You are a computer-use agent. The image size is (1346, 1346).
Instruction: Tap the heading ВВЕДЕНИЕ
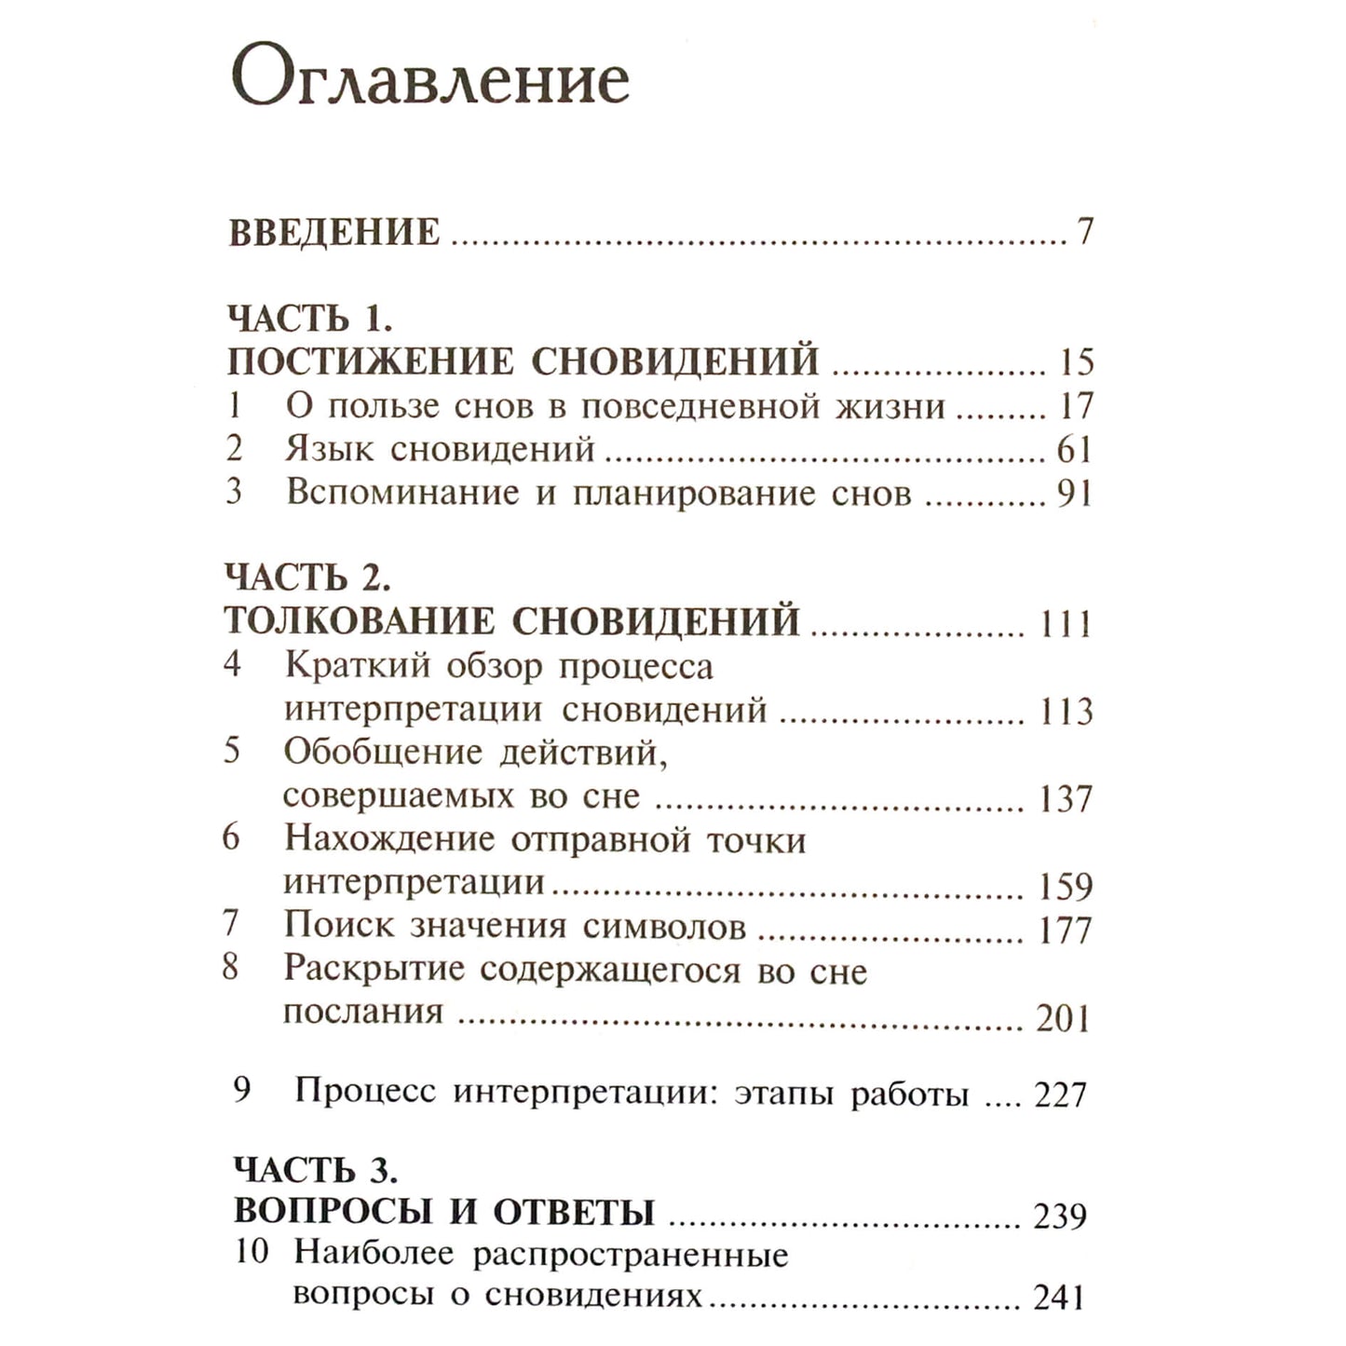tap(334, 232)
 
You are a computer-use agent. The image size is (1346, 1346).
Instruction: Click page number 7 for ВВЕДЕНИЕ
tap(1084, 231)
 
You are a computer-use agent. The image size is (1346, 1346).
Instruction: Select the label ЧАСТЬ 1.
tap(310, 319)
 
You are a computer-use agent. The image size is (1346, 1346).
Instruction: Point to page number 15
tap(1075, 362)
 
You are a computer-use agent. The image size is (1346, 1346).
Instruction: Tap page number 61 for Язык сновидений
tap(1074, 450)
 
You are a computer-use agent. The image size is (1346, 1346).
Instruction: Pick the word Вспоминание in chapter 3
tap(402, 493)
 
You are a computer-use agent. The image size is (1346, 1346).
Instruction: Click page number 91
tap(1074, 494)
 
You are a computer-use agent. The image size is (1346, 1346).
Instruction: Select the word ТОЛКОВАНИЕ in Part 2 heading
tap(360, 621)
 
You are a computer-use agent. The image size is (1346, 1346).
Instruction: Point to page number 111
tap(1066, 623)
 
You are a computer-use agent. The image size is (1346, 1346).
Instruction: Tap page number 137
tap(1066, 799)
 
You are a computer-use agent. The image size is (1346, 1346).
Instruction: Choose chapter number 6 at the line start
tap(232, 837)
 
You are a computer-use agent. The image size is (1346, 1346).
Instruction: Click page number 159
tap(1066, 886)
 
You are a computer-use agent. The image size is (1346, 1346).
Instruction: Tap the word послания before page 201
tap(363, 1013)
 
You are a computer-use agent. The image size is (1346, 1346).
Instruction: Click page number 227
tap(1061, 1094)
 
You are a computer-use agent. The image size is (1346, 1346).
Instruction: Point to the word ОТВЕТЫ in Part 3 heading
tap(574, 1212)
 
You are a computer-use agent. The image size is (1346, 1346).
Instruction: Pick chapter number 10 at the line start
tap(252, 1251)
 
